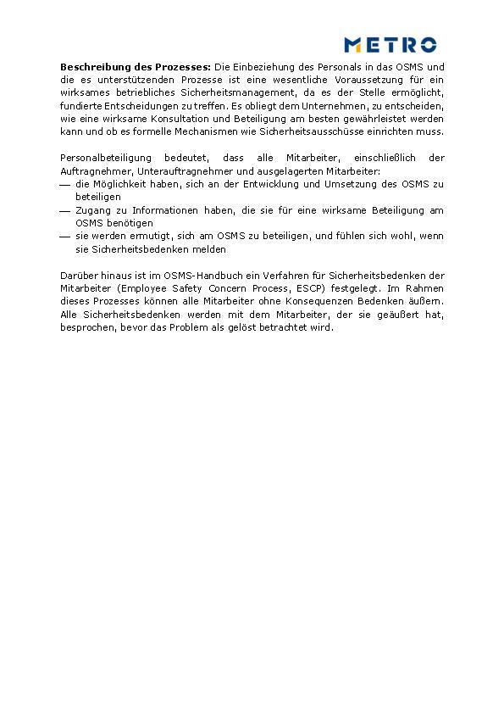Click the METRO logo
[x=390, y=45]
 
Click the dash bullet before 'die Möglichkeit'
[x=65, y=184]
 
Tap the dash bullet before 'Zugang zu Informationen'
[x=65, y=210]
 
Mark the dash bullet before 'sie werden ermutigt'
[x=65, y=237]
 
